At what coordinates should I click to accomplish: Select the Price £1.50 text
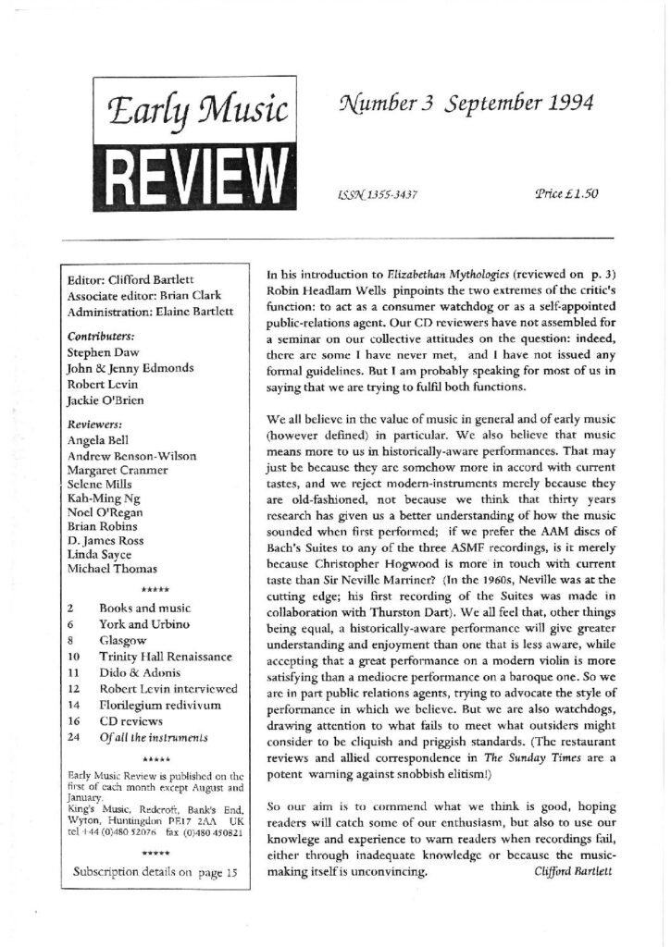click(567, 193)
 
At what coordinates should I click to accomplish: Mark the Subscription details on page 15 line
click(155, 871)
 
